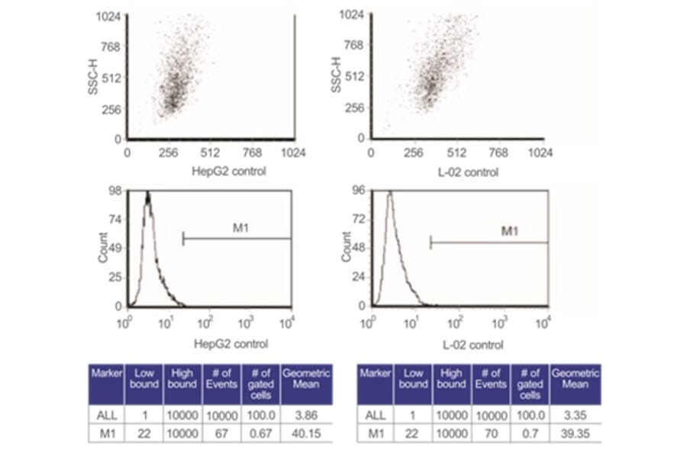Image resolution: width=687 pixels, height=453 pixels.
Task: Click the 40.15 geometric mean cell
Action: point(305,432)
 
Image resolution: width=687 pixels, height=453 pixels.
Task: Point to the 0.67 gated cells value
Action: point(261,432)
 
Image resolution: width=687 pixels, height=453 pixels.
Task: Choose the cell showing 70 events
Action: point(491,432)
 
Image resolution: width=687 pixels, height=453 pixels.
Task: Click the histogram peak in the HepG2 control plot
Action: point(148,195)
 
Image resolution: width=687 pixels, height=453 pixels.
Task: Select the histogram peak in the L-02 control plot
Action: point(389,194)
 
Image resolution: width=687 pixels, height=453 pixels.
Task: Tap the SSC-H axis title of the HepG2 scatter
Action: point(92,78)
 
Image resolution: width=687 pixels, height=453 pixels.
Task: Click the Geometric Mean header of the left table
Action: point(305,379)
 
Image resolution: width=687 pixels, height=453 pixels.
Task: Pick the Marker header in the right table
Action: point(375,374)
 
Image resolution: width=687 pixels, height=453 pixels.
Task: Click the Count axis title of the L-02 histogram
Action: point(346,247)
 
